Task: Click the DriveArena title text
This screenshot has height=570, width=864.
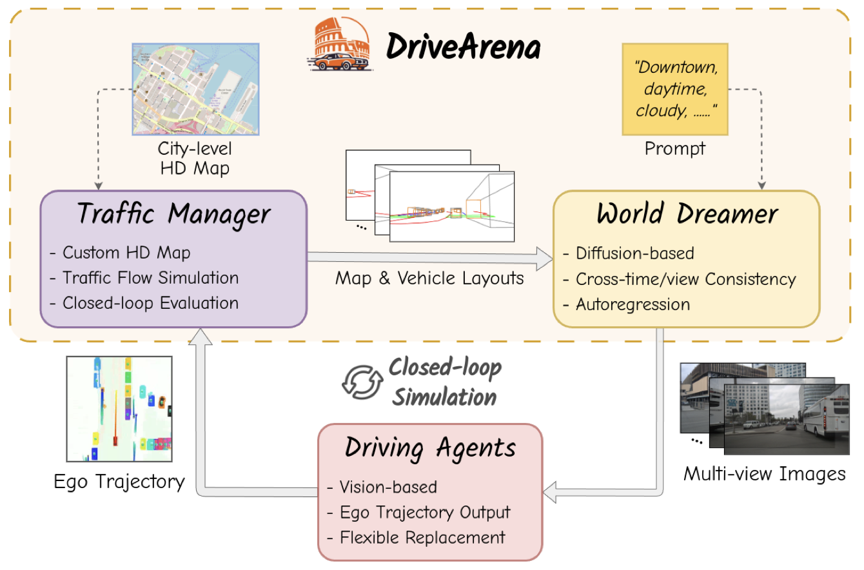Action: pos(463,46)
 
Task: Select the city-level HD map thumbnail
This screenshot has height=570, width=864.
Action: pos(195,89)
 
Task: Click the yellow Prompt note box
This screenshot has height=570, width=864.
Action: pos(675,89)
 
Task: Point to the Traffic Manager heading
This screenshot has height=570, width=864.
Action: pos(174,213)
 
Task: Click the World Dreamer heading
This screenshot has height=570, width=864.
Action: pos(687,213)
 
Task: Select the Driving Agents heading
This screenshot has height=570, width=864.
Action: pos(430,447)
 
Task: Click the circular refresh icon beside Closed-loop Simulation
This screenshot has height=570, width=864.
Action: pos(362,382)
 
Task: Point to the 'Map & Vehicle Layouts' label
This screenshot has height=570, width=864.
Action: pos(429,278)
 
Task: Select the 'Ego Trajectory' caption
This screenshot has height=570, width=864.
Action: pos(119,482)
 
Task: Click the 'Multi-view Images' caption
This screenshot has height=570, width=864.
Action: pos(765,474)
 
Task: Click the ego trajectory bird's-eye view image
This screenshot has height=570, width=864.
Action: pos(119,409)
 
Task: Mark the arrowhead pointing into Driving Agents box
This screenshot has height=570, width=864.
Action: pos(549,492)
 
